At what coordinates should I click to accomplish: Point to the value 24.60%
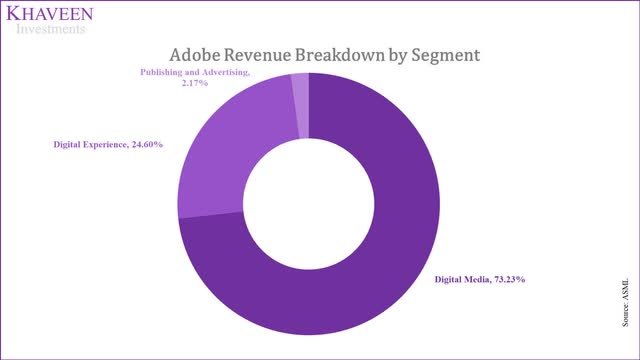pos(143,145)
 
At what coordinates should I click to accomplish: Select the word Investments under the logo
pos(50,29)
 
